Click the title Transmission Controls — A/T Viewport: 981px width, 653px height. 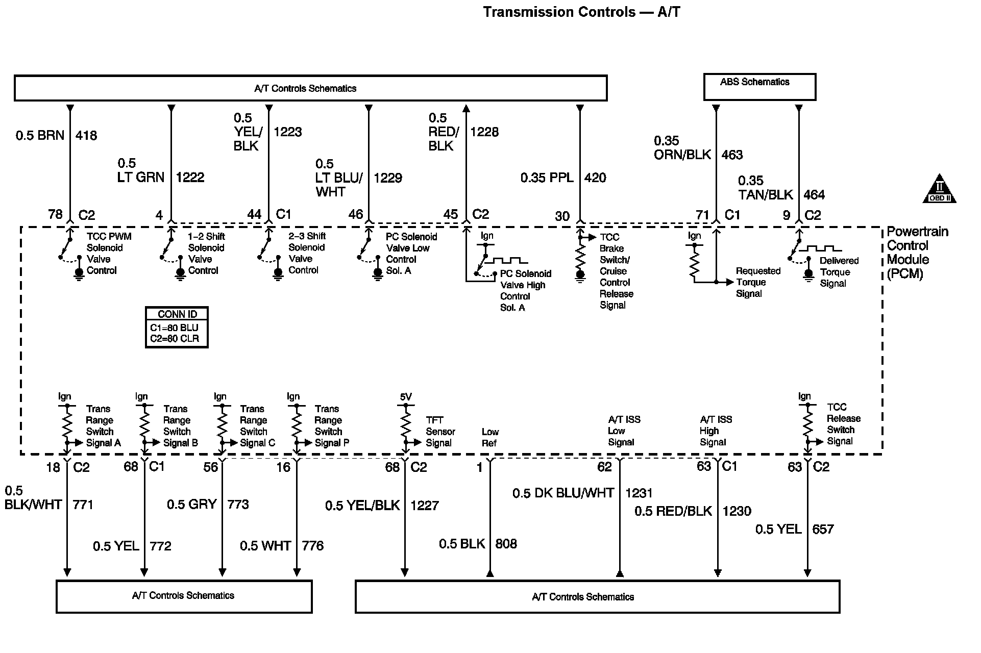click(x=581, y=12)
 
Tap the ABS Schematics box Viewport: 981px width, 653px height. click(x=759, y=87)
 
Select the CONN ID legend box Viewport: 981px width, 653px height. click(x=177, y=328)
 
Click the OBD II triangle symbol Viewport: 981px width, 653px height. click(x=939, y=192)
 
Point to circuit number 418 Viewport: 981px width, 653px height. click(x=86, y=136)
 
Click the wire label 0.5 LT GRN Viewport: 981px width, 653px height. click(x=141, y=170)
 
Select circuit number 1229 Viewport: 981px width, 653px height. click(x=388, y=178)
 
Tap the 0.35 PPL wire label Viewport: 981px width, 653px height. click(x=547, y=178)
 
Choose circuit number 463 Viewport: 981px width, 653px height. click(x=732, y=155)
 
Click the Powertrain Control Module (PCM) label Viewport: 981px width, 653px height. click(x=917, y=253)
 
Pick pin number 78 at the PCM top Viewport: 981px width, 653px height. click(x=55, y=214)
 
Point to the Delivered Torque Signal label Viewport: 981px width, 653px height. click(x=839, y=272)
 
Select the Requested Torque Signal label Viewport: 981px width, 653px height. click(x=758, y=282)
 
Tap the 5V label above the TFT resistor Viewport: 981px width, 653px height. click(x=405, y=397)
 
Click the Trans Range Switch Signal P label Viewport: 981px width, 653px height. click(x=332, y=426)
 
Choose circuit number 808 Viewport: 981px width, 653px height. click(x=506, y=544)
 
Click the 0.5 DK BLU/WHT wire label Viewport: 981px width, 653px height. click(x=563, y=493)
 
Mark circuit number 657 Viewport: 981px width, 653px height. click(x=823, y=529)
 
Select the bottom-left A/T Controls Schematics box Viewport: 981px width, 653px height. click(x=184, y=596)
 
